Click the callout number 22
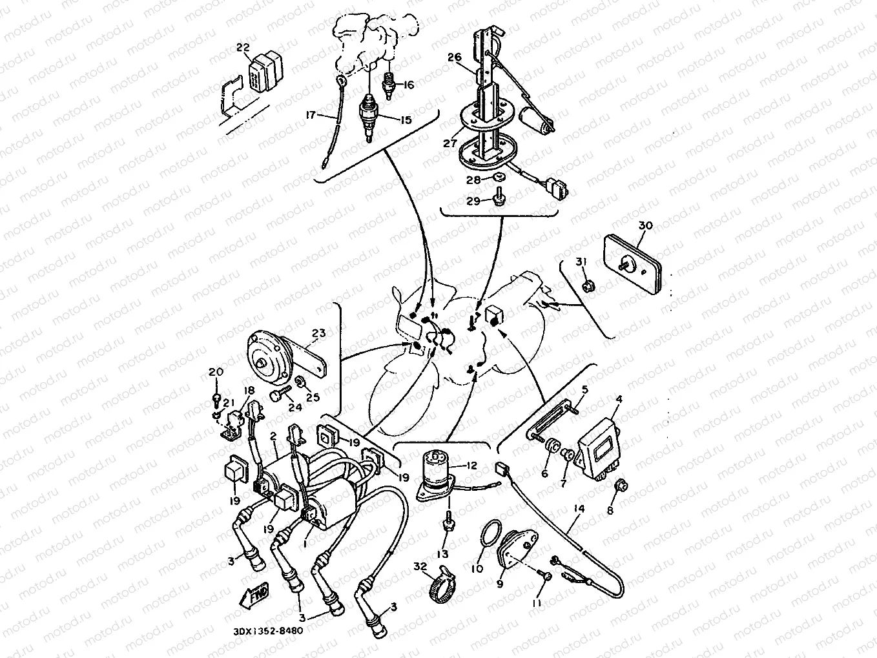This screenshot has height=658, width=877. point(243,46)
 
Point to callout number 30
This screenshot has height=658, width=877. point(645,225)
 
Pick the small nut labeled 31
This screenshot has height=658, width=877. point(588,284)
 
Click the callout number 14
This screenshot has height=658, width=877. point(579,509)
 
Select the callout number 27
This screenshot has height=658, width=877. point(450,143)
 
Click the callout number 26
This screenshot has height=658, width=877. point(455,57)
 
